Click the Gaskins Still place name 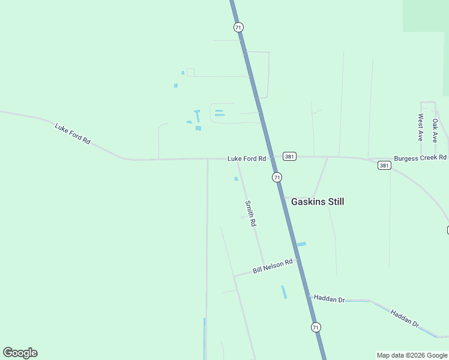(x=318, y=202)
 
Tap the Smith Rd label (x=250, y=213)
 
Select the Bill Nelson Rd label (x=273, y=266)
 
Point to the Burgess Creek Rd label (x=420, y=158)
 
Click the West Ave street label (x=421, y=127)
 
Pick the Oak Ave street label (x=435, y=130)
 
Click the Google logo (x=20, y=353)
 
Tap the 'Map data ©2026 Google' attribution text (x=412, y=355)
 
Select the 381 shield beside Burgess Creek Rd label (x=384, y=165)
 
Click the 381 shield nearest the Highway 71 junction (x=290, y=156)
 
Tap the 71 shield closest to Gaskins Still (x=277, y=177)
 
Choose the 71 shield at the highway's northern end (x=239, y=27)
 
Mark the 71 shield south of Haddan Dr (x=316, y=327)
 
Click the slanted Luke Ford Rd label (x=72, y=133)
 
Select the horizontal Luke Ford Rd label (x=246, y=159)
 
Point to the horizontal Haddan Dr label (x=329, y=299)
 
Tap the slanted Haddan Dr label (x=404, y=318)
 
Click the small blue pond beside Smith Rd (x=236, y=178)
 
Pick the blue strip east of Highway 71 (x=301, y=244)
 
